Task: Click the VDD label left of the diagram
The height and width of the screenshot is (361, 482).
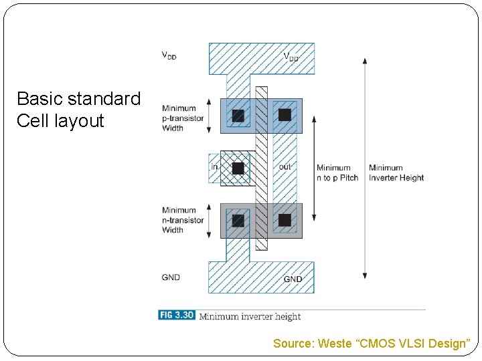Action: pyautogui.click(x=169, y=56)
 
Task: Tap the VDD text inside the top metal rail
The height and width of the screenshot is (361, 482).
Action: pyautogui.click(x=291, y=57)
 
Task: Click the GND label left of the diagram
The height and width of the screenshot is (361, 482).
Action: pyautogui.click(x=171, y=277)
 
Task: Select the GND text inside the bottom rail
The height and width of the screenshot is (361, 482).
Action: pyautogui.click(x=293, y=279)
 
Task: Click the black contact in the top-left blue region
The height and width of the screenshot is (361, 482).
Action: pyautogui.click(x=238, y=116)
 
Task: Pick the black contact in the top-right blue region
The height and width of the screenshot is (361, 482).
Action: pyautogui.click(x=285, y=115)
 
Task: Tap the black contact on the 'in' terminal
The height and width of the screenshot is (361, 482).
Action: pyautogui.click(x=238, y=168)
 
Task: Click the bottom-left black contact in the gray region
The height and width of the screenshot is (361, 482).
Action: pyautogui.click(x=238, y=220)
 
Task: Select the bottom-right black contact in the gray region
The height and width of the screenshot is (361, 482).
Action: pyautogui.click(x=285, y=219)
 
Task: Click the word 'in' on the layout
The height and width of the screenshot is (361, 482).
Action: pyautogui.click(x=215, y=166)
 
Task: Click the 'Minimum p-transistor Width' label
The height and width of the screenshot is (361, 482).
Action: pyautogui.click(x=182, y=118)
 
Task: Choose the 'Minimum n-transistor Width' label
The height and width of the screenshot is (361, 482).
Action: pyautogui.click(x=182, y=220)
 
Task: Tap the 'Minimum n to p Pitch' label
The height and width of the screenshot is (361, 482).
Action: pyautogui.click(x=337, y=172)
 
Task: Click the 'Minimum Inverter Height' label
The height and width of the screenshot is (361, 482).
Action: pyautogui.click(x=396, y=172)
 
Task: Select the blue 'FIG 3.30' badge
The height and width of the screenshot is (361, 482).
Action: pyautogui.click(x=176, y=315)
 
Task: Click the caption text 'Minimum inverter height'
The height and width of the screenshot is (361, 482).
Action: pyautogui.click(x=250, y=316)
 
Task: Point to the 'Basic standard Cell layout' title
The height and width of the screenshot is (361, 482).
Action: pyautogui.click(x=78, y=110)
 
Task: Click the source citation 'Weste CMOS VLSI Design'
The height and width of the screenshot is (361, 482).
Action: pyautogui.click(x=372, y=344)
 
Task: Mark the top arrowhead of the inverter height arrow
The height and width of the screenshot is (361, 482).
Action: pyautogui.click(x=365, y=61)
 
